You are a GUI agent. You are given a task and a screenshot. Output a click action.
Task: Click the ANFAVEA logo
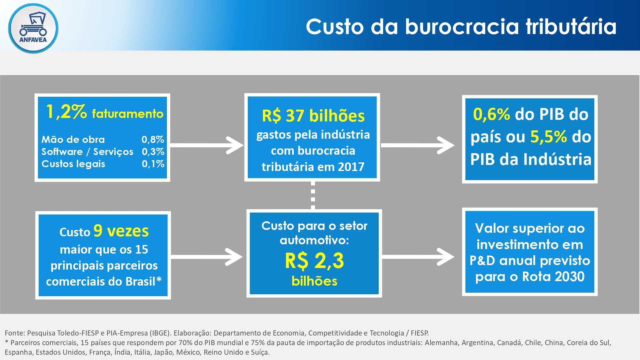(x=33, y=28)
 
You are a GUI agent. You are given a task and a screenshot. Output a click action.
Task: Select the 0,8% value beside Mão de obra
(x=153, y=139)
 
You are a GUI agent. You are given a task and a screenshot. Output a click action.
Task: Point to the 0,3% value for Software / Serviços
(x=153, y=152)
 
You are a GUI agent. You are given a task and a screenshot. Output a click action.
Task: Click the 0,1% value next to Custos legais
(x=153, y=164)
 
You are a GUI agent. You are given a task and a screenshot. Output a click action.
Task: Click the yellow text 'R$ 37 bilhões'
(x=313, y=116)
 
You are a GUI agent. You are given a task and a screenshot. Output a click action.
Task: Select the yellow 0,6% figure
(x=491, y=114)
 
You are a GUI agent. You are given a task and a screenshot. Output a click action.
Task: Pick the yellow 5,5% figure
(x=549, y=137)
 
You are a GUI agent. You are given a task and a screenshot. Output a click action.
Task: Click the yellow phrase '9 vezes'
(x=121, y=231)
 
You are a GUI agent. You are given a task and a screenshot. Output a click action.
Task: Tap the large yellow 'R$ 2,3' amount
(x=314, y=261)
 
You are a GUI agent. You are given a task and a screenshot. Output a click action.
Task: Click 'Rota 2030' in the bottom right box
(x=553, y=276)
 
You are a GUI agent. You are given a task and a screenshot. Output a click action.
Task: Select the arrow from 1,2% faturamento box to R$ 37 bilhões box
(x=207, y=145)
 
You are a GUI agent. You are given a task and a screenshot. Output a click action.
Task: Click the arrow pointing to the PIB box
(x=418, y=145)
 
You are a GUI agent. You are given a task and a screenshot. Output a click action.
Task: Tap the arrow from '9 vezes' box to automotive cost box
(x=207, y=257)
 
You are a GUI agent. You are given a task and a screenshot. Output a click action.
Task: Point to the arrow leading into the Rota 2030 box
(x=418, y=257)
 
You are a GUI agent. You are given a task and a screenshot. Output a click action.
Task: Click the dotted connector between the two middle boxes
(x=313, y=195)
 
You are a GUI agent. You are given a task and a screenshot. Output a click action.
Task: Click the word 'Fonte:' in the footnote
(x=15, y=333)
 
